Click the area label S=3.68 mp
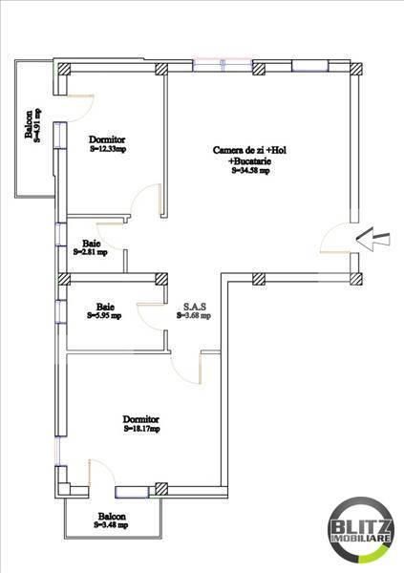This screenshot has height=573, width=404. tap(193, 316)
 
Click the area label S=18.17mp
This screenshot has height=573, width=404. tap(140, 429)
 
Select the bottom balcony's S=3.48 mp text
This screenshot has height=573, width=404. tap(114, 525)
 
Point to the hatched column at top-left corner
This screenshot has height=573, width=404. tap(64, 69)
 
